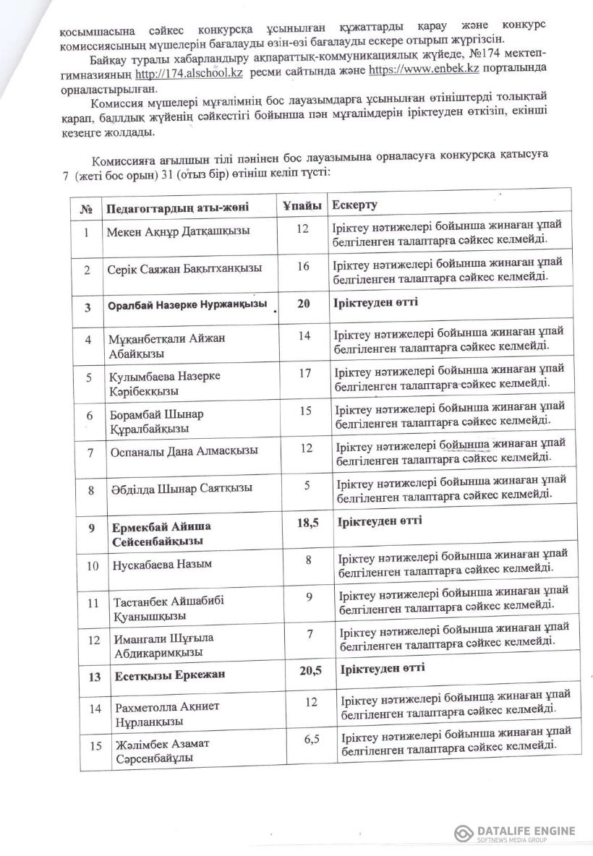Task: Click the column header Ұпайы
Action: pos(302,206)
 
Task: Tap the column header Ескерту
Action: pos(354,205)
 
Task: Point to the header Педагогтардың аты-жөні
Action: pos(177,207)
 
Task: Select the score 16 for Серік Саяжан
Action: pos(303,267)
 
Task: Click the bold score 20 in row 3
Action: pos(303,304)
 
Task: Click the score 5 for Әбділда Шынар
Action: pos(307,485)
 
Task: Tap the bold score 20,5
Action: pos(310,671)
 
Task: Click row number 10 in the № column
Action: pos(93,565)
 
